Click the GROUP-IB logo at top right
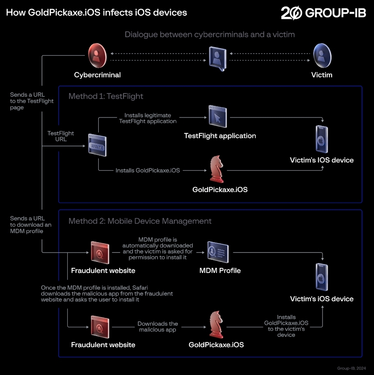(x=323, y=13)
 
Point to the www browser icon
(x=97, y=145)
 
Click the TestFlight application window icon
(x=217, y=115)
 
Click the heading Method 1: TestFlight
(x=106, y=96)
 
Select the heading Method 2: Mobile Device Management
(x=140, y=221)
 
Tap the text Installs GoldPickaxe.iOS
(x=148, y=170)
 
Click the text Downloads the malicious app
(x=157, y=327)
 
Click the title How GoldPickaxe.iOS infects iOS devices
(x=97, y=12)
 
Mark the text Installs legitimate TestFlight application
(x=148, y=118)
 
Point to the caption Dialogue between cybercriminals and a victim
(x=210, y=34)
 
